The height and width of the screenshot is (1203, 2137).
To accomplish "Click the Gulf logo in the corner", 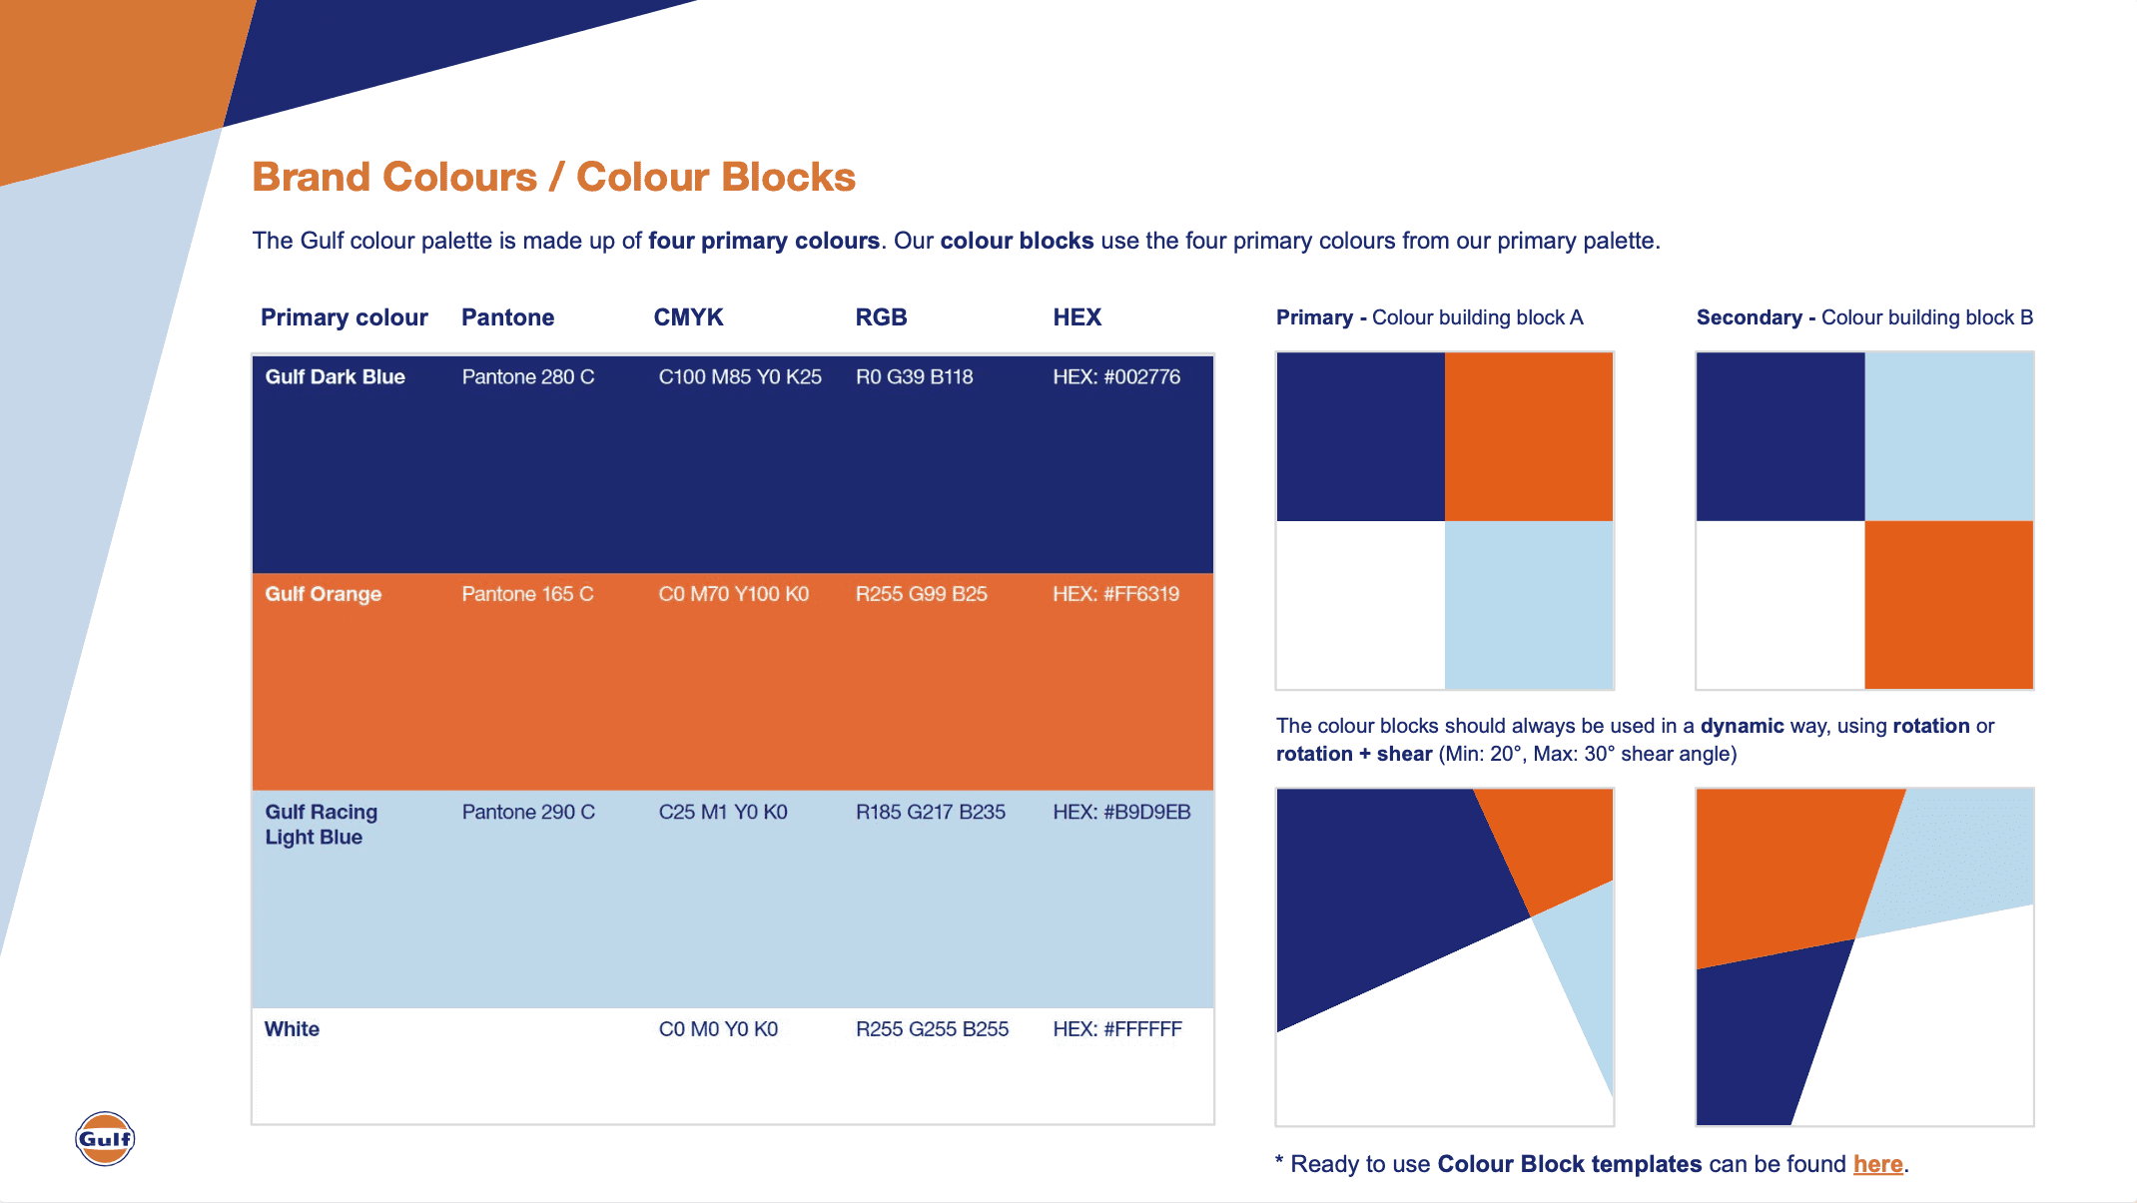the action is coord(105,1138).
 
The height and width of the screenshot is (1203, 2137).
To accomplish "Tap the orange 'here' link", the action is coord(1877,1164).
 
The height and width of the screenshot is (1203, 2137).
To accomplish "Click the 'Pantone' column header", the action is coord(507,317).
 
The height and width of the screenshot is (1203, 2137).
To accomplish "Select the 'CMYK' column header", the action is coord(688,317).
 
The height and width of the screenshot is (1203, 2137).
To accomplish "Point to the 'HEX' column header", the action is coord(1076,317).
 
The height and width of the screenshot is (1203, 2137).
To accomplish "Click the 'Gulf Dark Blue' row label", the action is coord(335,376).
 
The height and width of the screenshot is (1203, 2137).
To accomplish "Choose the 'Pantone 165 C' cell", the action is coord(527,594).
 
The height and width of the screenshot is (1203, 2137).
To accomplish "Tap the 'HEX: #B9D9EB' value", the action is coord(1121,812).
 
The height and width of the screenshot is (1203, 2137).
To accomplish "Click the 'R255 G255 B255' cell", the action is coord(932,1029).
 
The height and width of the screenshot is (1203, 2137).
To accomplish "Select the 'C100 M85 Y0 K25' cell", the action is coord(740,376).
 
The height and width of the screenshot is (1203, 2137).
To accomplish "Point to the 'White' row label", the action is coord(292,1029).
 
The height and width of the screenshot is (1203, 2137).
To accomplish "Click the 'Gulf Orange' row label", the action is coord(323,594).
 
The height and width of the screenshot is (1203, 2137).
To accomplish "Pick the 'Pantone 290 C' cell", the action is coord(528,812).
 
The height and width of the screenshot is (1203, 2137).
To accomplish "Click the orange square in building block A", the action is coord(1529,436).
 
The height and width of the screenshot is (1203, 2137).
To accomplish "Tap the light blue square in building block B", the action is coord(1949,436).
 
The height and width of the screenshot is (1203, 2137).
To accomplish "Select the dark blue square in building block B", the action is coord(1781,436).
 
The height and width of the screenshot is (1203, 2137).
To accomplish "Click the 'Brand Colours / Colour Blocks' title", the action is coord(554,177).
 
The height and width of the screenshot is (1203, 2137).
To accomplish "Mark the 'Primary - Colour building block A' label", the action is coord(1430,317).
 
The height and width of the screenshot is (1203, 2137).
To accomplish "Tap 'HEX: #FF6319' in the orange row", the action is coord(1116,594).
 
